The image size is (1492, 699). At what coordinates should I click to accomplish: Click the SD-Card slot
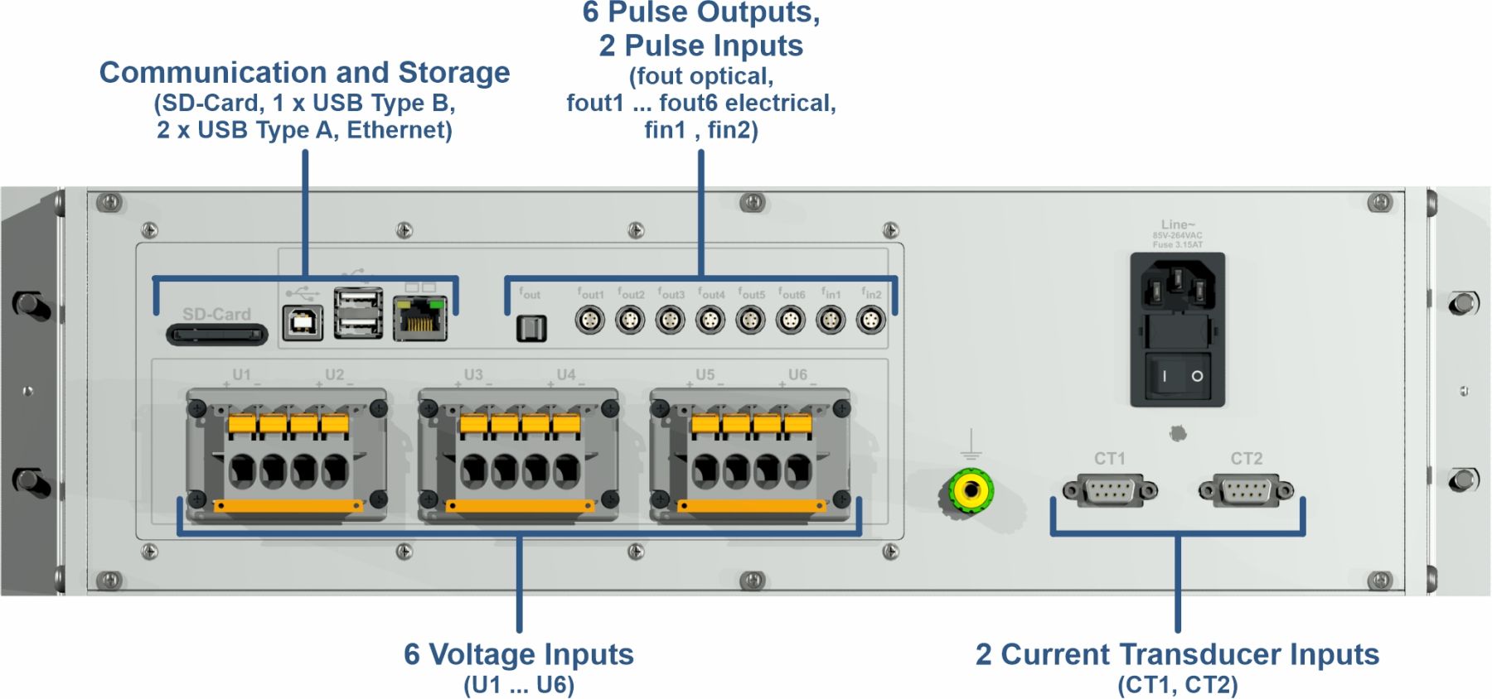(x=217, y=335)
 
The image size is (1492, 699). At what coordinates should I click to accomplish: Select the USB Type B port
(x=303, y=323)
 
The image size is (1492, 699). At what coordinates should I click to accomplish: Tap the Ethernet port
(x=420, y=319)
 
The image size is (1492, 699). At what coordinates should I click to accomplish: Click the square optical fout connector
(x=531, y=328)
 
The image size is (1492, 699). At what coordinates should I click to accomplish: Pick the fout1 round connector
(x=590, y=320)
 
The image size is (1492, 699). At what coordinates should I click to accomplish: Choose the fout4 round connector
(x=710, y=320)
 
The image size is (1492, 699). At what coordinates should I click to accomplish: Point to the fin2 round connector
(x=871, y=320)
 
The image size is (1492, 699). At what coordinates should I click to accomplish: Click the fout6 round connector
(x=791, y=320)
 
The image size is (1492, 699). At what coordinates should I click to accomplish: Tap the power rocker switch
(x=1178, y=376)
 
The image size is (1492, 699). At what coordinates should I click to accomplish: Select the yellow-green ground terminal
(x=971, y=491)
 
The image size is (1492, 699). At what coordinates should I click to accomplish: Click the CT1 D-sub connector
(x=1110, y=491)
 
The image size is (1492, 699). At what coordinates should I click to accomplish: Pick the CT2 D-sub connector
(x=1246, y=491)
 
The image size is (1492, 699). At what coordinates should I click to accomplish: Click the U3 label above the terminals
(x=473, y=374)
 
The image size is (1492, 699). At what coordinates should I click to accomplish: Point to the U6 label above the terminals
(x=797, y=374)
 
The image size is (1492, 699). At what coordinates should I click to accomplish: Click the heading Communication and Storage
(x=304, y=73)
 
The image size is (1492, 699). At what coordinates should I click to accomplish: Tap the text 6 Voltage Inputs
(x=519, y=654)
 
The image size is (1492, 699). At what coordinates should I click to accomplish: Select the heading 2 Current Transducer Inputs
(x=1177, y=654)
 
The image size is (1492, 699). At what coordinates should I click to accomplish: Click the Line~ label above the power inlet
(x=1178, y=224)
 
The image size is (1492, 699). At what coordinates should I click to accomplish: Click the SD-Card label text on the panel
(x=216, y=314)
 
